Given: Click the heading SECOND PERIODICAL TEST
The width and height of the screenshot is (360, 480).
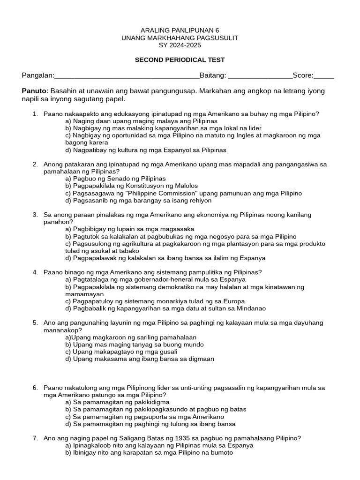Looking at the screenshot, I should [180, 60].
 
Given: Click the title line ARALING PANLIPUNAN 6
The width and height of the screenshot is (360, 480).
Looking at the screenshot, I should [180, 30].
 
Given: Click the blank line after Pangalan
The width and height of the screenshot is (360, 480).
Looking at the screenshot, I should [127, 76].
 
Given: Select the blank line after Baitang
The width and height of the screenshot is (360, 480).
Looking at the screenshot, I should [260, 76].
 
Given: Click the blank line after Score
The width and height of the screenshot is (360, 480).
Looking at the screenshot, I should [324, 76].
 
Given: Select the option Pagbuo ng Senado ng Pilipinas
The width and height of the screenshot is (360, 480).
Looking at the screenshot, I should [116, 179].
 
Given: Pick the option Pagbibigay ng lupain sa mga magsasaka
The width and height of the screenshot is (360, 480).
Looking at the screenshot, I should [130, 229].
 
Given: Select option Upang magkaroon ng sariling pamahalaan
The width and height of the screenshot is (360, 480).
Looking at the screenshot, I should [131, 337].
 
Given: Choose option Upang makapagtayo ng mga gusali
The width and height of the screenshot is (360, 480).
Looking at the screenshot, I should [121, 352].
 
